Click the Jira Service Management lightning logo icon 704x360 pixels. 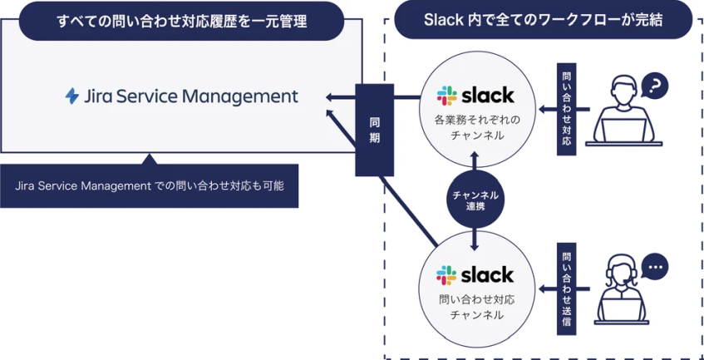pos(72,96)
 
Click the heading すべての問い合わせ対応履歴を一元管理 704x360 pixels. pos(181,21)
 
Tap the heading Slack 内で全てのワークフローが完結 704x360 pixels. pos(543,21)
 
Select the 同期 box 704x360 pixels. pos(374,129)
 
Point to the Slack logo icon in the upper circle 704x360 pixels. pos(447,95)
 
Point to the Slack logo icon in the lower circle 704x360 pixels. pos(447,274)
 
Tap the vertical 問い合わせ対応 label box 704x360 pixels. pos(566,109)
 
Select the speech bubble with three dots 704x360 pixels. pos(655,267)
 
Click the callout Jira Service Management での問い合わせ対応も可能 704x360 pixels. pos(150,185)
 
